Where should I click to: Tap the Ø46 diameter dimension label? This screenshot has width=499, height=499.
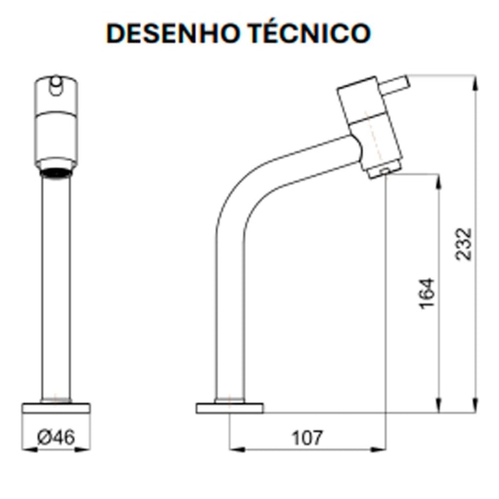55,438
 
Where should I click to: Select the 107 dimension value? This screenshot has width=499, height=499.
307,438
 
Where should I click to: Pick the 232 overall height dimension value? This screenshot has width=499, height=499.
462,243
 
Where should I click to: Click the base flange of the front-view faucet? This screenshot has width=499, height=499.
56,408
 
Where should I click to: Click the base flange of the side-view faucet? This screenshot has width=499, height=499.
229,408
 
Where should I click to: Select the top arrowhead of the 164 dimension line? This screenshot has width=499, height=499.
440,176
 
